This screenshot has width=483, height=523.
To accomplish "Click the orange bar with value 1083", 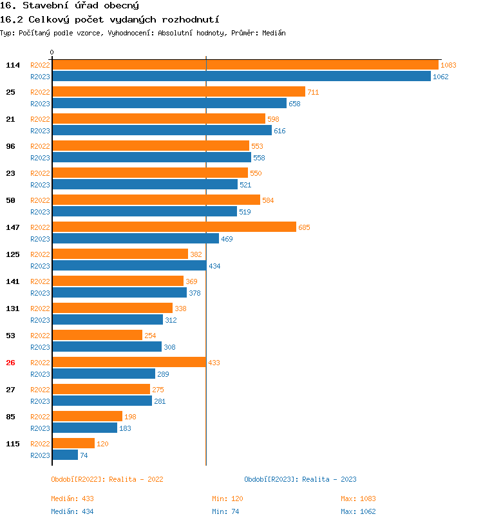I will (245, 65).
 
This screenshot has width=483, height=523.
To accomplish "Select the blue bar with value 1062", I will (241, 77).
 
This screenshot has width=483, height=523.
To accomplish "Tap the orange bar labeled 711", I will (178, 92).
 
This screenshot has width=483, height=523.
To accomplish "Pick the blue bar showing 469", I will (135, 239).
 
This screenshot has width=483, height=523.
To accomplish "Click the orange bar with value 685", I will (174, 227).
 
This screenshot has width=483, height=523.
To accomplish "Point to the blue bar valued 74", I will (64, 455).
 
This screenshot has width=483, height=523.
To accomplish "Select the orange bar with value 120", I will (73, 444).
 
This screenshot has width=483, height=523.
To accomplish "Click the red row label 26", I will (10, 363).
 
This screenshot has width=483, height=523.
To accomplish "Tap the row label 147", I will (13, 227).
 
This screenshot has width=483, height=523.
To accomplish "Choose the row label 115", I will (13, 444).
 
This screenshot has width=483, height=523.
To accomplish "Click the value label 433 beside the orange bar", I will (214, 363).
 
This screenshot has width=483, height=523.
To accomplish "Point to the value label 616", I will (279, 131).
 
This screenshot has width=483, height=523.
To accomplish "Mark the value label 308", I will (169, 348).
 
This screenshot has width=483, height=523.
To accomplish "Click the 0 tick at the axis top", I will (52, 52).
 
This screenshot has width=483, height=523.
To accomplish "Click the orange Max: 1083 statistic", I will (358, 499).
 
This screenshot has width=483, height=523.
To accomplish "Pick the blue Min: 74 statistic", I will (227, 511).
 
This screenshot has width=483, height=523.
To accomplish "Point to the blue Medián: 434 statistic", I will (73, 511).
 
